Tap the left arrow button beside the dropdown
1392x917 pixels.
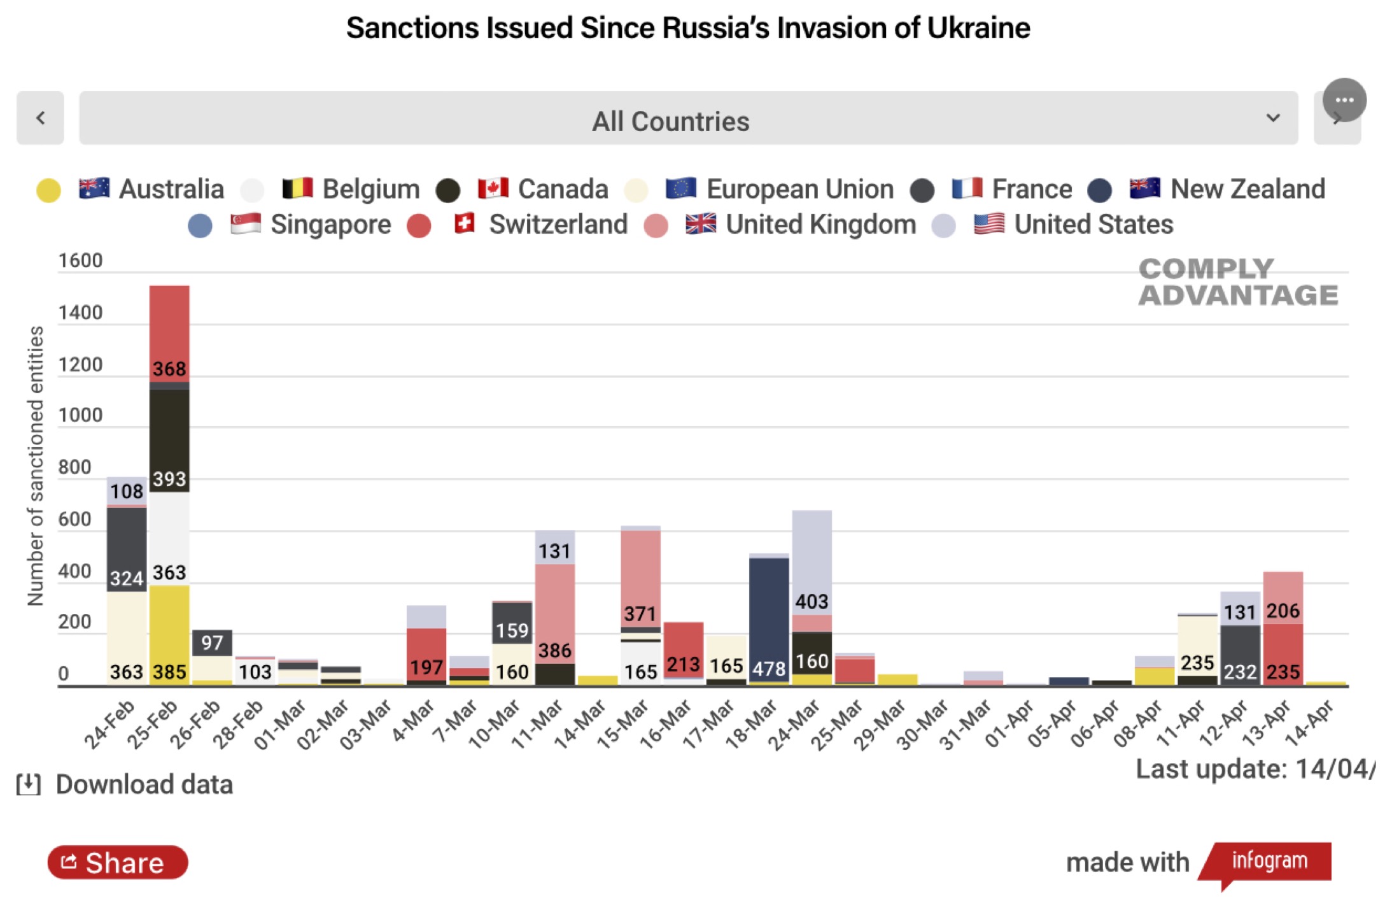[x=40, y=118]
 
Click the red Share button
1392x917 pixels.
[x=118, y=863]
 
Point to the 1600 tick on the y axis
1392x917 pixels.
[x=80, y=261]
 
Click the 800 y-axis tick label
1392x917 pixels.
[x=74, y=467]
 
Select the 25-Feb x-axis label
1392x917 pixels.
[x=153, y=723]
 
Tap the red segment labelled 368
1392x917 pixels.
[x=169, y=334]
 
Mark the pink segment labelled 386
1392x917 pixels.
[x=555, y=615]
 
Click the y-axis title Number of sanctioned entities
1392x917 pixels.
[x=36, y=466]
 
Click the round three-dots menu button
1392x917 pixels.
[x=1344, y=100]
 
